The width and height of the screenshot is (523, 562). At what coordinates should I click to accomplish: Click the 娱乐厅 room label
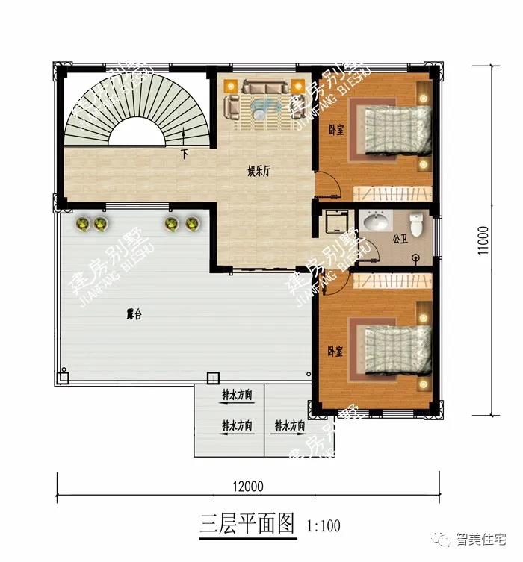(259, 172)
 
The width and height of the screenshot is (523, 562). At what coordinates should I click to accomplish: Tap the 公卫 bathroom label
(398, 240)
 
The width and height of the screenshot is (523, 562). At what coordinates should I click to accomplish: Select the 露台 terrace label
(134, 315)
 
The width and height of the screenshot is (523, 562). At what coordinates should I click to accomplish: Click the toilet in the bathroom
(417, 222)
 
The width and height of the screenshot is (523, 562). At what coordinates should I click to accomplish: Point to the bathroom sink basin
(375, 222)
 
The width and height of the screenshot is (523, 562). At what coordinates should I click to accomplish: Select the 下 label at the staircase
(185, 155)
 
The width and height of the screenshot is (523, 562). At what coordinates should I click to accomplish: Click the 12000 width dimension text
(247, 487)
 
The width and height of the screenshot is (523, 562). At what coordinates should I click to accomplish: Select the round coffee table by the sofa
(259, 112)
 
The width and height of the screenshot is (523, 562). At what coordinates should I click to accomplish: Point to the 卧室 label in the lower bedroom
(336, 351)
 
